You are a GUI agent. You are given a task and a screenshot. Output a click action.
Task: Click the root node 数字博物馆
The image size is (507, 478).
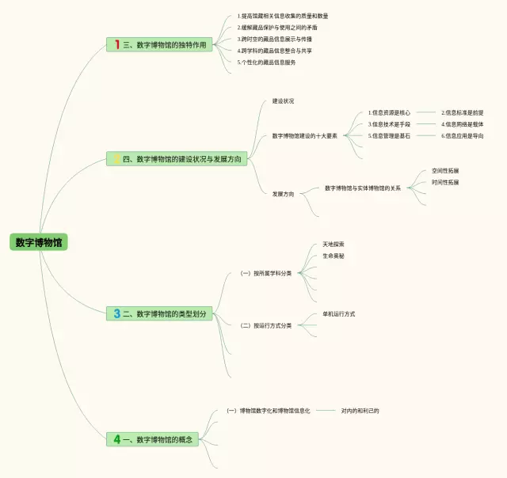pos(39,242)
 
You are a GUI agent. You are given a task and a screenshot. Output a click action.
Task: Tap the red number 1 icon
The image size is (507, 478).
pos(116,45)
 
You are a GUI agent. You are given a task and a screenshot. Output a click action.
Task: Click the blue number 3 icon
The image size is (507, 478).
pos(116,313)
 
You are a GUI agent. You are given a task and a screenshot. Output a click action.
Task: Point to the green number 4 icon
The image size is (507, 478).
pos(116,438)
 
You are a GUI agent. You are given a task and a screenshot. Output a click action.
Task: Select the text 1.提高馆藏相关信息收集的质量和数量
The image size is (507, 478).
pos(282,16)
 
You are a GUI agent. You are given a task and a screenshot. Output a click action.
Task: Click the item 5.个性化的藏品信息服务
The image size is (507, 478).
pos(266,62)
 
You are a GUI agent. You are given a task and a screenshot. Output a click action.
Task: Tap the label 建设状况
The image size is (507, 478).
pos(283,101)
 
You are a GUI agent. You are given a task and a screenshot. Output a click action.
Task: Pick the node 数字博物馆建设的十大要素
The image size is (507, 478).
pos(304,135)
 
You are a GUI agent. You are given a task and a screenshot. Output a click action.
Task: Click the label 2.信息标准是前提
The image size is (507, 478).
pos(463,112)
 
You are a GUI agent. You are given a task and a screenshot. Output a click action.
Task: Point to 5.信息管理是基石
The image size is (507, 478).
pos(389,135)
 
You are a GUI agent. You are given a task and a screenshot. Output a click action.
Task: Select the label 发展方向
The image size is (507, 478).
pos(283,193)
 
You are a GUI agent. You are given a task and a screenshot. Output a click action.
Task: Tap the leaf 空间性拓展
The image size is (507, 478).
pos(445,170)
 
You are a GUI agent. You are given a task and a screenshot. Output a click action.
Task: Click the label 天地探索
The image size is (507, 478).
pos(334,244)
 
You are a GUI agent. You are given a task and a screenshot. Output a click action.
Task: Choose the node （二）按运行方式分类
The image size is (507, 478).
pos(267,325)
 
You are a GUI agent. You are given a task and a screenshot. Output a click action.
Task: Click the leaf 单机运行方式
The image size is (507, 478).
pos(338,314)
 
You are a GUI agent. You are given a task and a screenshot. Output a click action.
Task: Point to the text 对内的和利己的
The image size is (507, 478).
pos(360,411)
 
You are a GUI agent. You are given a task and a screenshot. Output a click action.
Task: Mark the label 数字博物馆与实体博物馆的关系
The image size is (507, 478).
pos(362,188)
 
